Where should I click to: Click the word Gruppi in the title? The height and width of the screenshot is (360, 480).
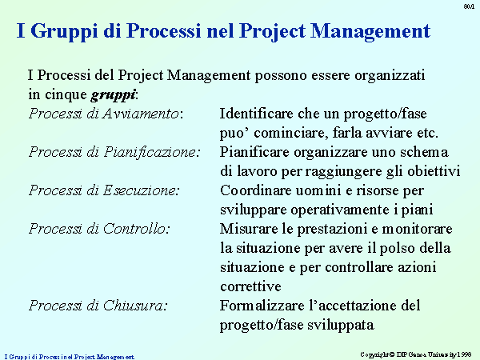[64, 31]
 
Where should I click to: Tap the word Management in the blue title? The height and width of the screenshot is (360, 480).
[370, 31]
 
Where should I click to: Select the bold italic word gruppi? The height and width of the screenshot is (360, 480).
[113, 95]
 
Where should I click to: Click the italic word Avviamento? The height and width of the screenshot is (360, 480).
[141, 114]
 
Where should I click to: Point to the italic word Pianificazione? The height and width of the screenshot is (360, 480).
[150, 152]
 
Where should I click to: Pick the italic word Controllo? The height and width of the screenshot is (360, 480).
[134, 229]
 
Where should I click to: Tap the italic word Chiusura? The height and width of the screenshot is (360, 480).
[134, 306]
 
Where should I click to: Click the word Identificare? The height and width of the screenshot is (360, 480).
[256, 114]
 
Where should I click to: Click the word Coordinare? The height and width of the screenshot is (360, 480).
[256, 190]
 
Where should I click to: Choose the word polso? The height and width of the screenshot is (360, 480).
[397, 248]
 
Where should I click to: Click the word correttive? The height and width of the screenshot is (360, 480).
[250, 286]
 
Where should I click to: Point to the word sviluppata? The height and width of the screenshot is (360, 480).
[341, 325]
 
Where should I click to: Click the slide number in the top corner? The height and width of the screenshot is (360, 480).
[469, 6]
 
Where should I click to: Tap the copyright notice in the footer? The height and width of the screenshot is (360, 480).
[416, 354]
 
